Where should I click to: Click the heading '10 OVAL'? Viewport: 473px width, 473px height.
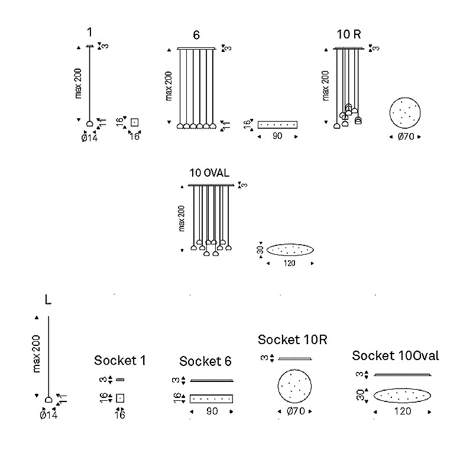(x=209, y=173)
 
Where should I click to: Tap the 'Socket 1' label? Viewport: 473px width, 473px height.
(x=120, y=361)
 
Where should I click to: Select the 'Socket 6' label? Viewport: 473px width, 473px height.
(x=205, y=361)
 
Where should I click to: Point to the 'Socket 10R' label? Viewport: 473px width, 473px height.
(x=292, y=339)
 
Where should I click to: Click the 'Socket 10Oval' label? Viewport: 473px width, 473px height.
(x=396, y=356)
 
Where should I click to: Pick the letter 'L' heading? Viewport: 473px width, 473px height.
(x=48, y=300)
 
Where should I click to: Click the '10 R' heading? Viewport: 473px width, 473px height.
(x=349, y=34)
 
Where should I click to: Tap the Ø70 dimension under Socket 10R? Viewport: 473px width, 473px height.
(x=296, y=411)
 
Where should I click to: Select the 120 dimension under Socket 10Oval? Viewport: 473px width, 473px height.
(x=403, y=411)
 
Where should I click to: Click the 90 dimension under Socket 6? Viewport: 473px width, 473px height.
(x=212, y=411)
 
